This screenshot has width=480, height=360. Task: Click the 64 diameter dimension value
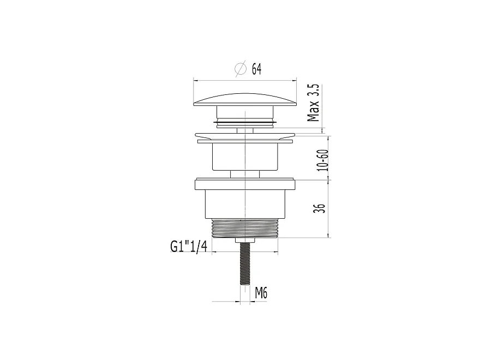(256, 69)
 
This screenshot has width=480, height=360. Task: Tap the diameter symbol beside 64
(241, 69)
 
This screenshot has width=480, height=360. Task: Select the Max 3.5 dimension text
(314, 103)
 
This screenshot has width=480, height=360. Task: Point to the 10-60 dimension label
(323, 160)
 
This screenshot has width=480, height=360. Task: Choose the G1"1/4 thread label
(189, 246)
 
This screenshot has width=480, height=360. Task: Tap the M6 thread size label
(261, 293)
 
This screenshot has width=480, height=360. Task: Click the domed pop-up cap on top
(245, 100)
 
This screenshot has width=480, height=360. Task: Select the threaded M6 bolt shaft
(245, 263)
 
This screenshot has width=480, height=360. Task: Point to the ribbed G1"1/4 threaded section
(245, 228)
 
